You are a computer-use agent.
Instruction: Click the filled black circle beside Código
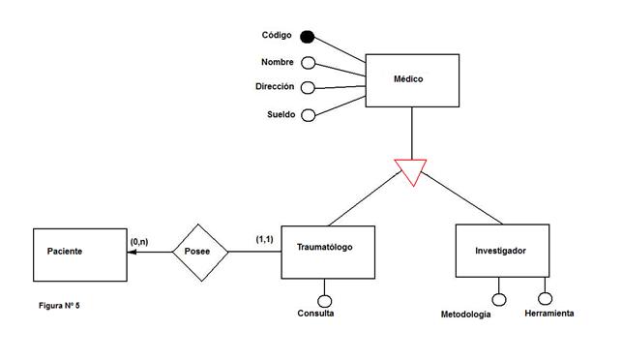coord(308,37)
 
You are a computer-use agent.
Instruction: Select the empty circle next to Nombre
coord(309,63)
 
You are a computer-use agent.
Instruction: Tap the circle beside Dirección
coord(309,88)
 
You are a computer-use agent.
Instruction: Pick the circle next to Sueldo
coord(309,115)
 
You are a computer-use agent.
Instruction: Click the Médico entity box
coord(411,79)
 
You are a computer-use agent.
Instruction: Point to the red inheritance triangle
coord(411,171)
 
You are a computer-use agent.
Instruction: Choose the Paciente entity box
coord(79,254)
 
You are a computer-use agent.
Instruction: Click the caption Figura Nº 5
coord(60,307)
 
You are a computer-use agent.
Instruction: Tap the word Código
coord(278,36)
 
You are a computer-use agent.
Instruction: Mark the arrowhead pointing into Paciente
coord(133,254)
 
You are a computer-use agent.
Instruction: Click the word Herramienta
coord(549,314)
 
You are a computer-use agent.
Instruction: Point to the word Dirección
coord(275,87)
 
